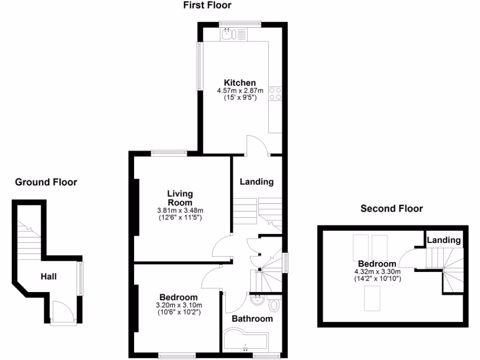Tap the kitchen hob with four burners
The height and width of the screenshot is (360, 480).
275,94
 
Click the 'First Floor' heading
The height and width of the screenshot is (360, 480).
207,6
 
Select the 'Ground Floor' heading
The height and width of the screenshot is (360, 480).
46,182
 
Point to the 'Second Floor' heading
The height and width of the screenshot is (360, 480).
391,208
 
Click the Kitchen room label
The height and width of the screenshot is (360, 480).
240,83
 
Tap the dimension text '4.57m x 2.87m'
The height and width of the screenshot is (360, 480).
240,90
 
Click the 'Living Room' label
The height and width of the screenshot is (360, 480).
180,198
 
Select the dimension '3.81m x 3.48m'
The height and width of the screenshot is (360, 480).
180,210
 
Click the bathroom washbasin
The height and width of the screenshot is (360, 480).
258,300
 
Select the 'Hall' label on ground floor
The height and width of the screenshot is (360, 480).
48,277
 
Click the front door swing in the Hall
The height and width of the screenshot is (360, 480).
60,310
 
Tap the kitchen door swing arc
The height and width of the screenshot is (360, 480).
257,145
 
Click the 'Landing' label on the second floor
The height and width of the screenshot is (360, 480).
443,240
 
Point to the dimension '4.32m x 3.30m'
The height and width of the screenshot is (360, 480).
377,271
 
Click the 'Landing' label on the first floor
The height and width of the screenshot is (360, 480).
256,182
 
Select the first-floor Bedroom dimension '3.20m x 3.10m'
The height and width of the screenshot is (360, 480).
178,305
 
